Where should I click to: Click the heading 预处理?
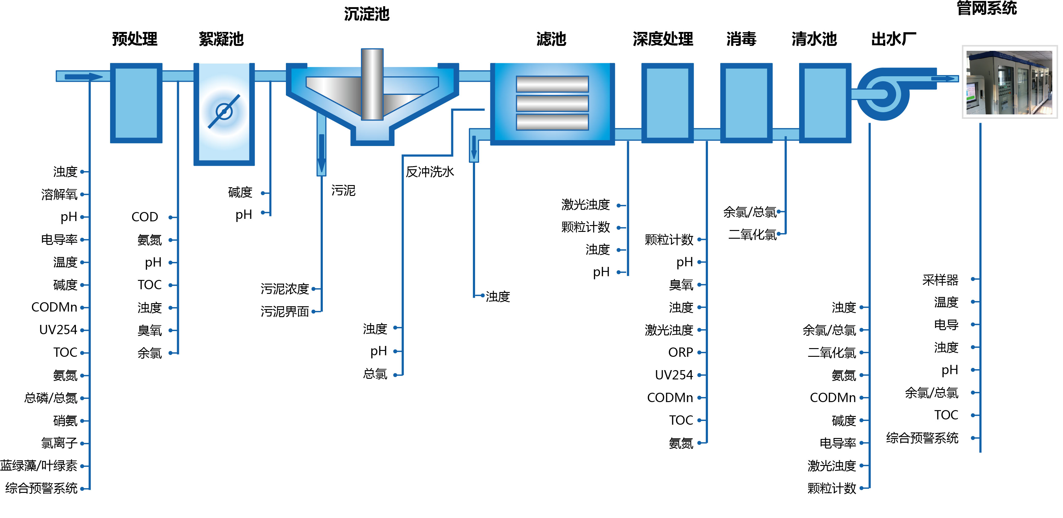pyautogui.click(x=135, y=39)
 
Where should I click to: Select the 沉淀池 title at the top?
pyautogui.click(x=367, y=14)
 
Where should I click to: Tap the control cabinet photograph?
pyautogui.click(x=1009, y=82)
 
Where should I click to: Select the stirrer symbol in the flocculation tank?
pyautogui.click(x=224, y=111)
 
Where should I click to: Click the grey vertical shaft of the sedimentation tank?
pyautogui.click(x=372, y=85)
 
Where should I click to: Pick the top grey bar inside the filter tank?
pyautogui.click(x=552, y=84)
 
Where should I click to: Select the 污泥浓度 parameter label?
pyautogui.click(x=285, y=289)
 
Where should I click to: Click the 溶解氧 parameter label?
pyautogui.click(x=60, y=194)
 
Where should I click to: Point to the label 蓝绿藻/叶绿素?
pyautogui.click(x=39, y=466)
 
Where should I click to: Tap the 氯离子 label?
pyautogui.click(x=60, y=443)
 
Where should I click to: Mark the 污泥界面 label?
pyautogui.click(x=285, y=311)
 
